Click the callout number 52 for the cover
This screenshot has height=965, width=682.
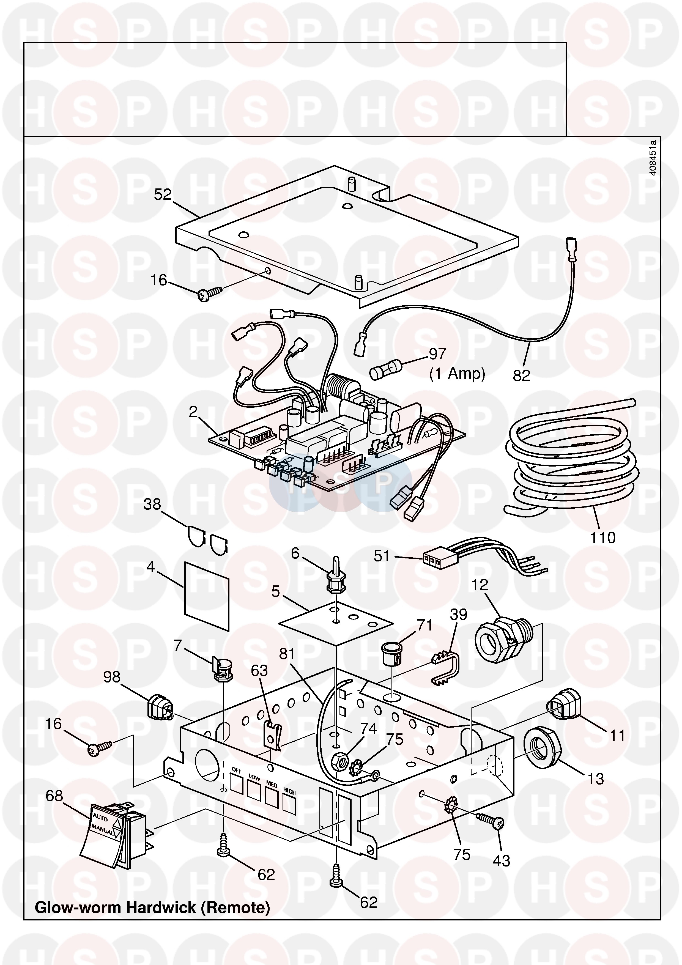[x=163, y=194]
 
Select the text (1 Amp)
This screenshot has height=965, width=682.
[x=457, y=373]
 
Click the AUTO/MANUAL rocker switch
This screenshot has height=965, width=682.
[x=113, y=833]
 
